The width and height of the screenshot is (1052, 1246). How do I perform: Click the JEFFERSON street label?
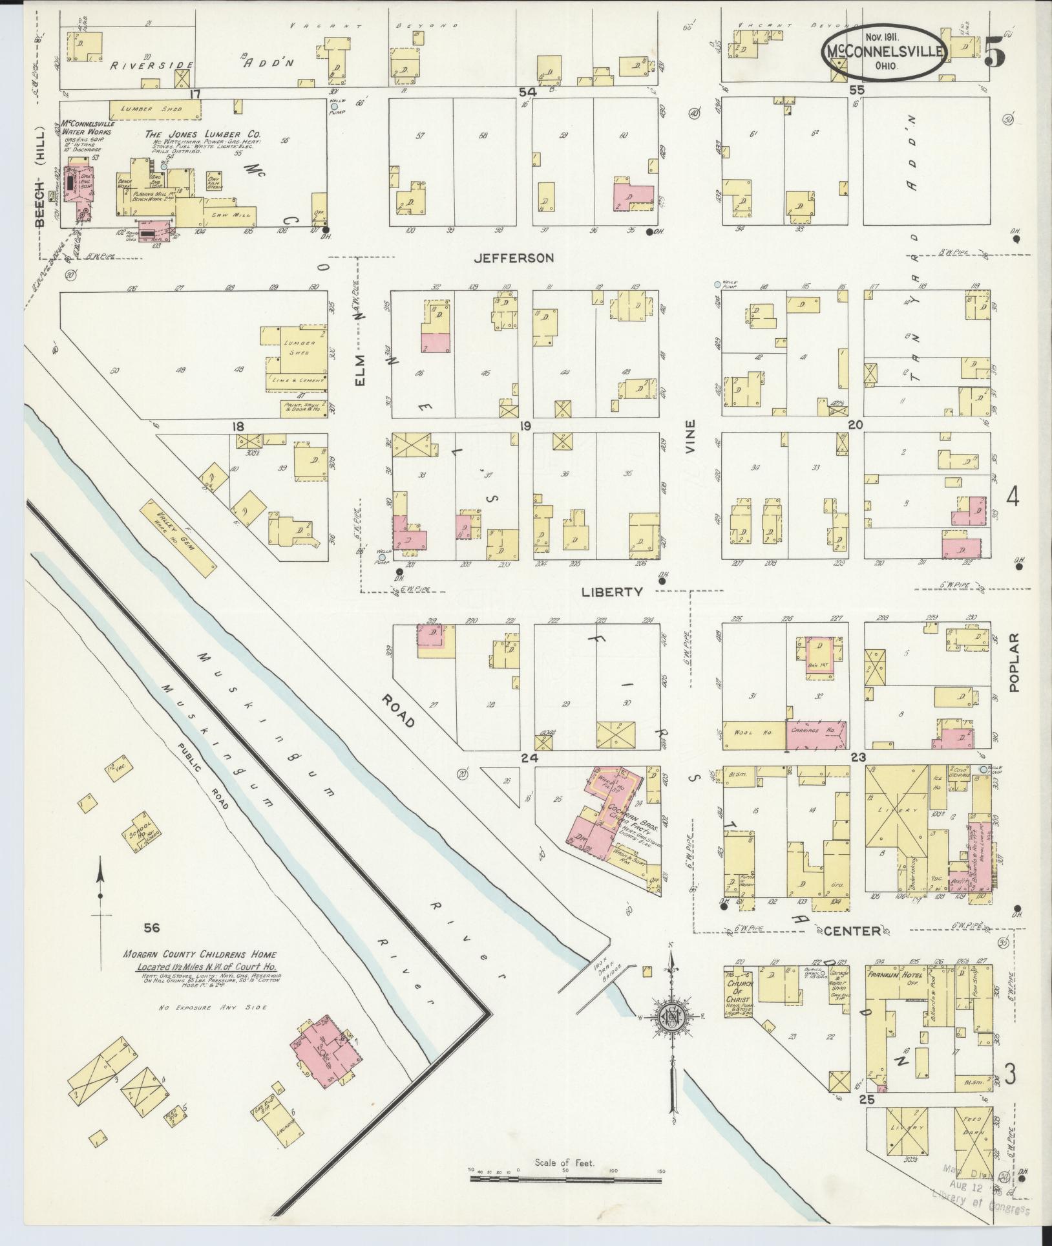(x=514, y=258)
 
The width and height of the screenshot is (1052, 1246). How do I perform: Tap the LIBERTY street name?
(x=612, y=591)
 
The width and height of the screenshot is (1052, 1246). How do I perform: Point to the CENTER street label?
(x=852, y=931)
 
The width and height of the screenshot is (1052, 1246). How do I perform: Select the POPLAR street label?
(x=1013, y=662)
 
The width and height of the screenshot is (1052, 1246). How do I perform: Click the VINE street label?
(x=690, y=436)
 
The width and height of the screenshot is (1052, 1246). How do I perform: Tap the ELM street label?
(x=360, y=371)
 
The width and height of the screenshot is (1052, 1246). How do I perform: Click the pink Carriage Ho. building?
(x=815, y=735)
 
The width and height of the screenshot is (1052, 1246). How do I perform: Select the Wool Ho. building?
(x=752, y=735)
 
